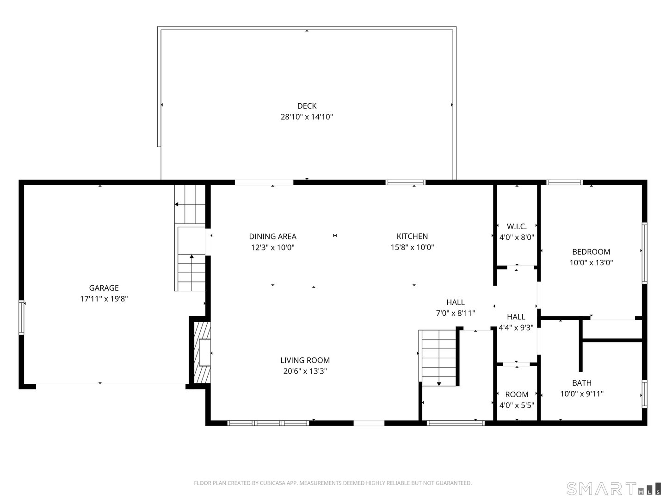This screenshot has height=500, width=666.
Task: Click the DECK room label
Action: pos(307,106)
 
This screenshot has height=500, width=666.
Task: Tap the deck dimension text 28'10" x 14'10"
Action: pos(307,117)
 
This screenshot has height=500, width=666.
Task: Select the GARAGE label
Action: pos(104,288)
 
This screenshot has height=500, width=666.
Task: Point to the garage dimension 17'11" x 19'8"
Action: pos(104,299)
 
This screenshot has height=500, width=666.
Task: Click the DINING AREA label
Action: pos(272,237)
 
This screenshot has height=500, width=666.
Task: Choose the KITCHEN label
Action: pos(412,237)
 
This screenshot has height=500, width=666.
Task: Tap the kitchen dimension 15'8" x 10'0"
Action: pos(412,247)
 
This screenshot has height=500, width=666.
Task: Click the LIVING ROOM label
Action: pos(305,360)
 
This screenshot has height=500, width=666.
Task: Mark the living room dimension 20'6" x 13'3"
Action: pos(305,371)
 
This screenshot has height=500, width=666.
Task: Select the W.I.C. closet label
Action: pos(517,226)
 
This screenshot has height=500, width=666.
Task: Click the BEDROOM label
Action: pos(591,252)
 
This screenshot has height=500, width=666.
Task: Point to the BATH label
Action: pos(581,383)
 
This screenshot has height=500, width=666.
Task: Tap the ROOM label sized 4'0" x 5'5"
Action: pos(517,394)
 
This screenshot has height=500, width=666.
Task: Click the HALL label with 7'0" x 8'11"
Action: pos(456,302)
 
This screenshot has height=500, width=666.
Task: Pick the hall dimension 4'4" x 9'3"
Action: pos(516,328)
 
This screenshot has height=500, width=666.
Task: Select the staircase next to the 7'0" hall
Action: pos(438,357)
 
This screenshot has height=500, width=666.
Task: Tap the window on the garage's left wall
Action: pos(21,317)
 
